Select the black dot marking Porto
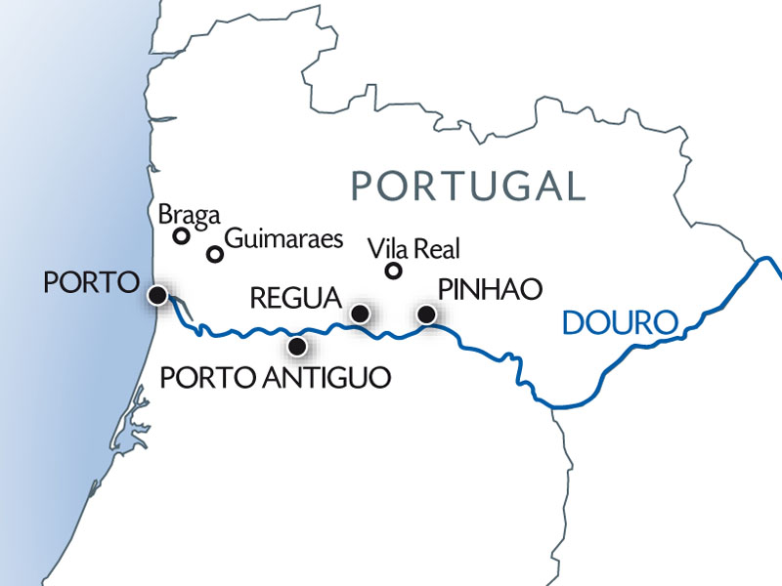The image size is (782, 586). tap(155, 294)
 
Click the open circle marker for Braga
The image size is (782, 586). tap(181, 235)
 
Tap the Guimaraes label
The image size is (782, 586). tap(284, 239)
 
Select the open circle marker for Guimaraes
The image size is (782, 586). tap(215, 254)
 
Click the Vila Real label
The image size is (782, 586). tap(414, 249)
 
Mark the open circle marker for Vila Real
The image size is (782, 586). tap(394, 271)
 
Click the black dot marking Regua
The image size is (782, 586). tap(360, 314)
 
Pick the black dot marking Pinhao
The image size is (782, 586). tap(426, 314)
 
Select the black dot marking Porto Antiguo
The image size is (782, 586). tap(298, 345)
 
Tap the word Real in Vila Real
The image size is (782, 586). tap(438, 249)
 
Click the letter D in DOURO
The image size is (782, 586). tap(573, 322)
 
